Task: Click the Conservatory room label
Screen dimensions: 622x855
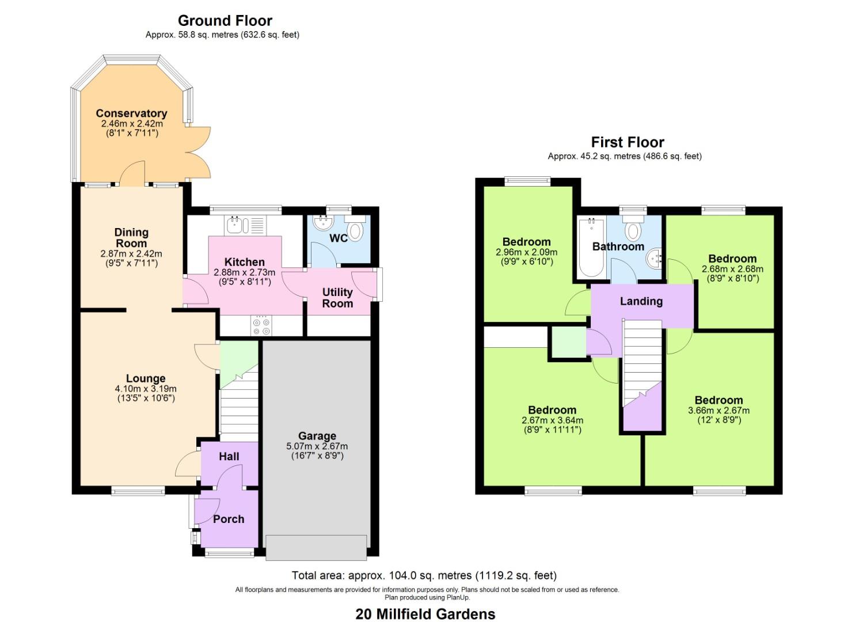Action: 131,113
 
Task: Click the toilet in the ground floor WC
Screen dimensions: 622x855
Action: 356,230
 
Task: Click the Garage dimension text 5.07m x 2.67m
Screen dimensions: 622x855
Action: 317,446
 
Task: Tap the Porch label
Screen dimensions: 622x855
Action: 229,519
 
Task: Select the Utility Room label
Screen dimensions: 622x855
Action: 337,298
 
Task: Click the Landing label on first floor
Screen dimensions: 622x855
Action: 641,301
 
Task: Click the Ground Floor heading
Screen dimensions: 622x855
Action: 225,21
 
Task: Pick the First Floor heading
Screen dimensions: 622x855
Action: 628,142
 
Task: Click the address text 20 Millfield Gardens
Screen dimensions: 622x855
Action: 425,614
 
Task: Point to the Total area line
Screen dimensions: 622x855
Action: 424,575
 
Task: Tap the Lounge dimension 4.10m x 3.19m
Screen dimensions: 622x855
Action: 146,389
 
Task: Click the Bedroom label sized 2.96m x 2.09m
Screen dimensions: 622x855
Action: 526,242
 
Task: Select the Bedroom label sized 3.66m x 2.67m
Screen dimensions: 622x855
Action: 719,400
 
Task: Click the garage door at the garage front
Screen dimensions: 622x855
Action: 316,547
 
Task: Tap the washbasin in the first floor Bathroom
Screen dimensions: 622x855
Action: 655,259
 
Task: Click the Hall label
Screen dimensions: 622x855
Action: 229,456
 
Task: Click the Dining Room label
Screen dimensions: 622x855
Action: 131,237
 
